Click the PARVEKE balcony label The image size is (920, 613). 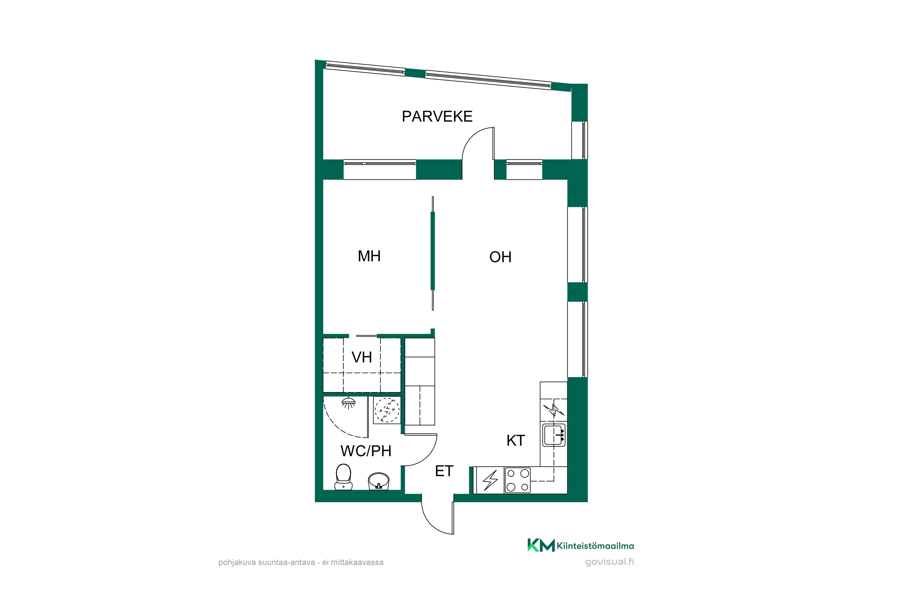(437, 116)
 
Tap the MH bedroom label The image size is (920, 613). (369, 256)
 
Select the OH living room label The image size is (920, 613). (500, 257)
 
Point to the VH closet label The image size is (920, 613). (362, 357)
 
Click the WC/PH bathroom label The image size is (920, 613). (366, 451)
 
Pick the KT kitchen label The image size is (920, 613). (516, 441)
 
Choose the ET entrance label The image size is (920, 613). (444, 471)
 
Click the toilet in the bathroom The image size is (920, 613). (343, 477)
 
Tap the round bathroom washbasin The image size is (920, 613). (379, 481)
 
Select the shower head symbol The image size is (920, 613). (348, 403)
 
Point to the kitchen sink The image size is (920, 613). (554, 435)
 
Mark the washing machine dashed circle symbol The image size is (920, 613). (387, 410)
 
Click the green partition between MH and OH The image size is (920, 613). (433, 251)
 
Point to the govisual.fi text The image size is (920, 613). (609, 562)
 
